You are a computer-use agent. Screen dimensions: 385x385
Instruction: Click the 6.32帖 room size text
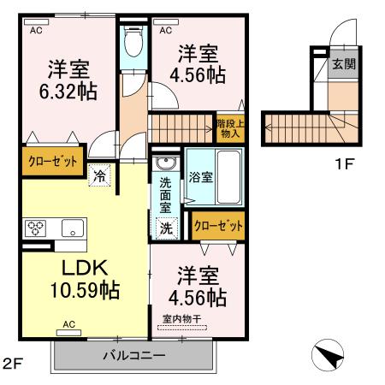click(x=65, y=88)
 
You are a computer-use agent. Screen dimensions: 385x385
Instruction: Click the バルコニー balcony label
click(x=134, y=354)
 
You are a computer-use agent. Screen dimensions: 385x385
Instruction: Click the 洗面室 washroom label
click(x=165, y=194)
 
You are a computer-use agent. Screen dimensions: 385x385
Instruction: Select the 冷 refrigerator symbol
click(x=100, y=177)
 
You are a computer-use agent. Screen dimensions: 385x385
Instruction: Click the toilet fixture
click(x=133, y=39)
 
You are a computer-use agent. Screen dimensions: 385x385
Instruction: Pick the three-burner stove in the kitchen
click(x=38, y=228)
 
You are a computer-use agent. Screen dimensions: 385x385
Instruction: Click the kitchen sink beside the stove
click(x=71, y=228)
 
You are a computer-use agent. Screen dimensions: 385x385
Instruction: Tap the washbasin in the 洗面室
click(x=165, y=163)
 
